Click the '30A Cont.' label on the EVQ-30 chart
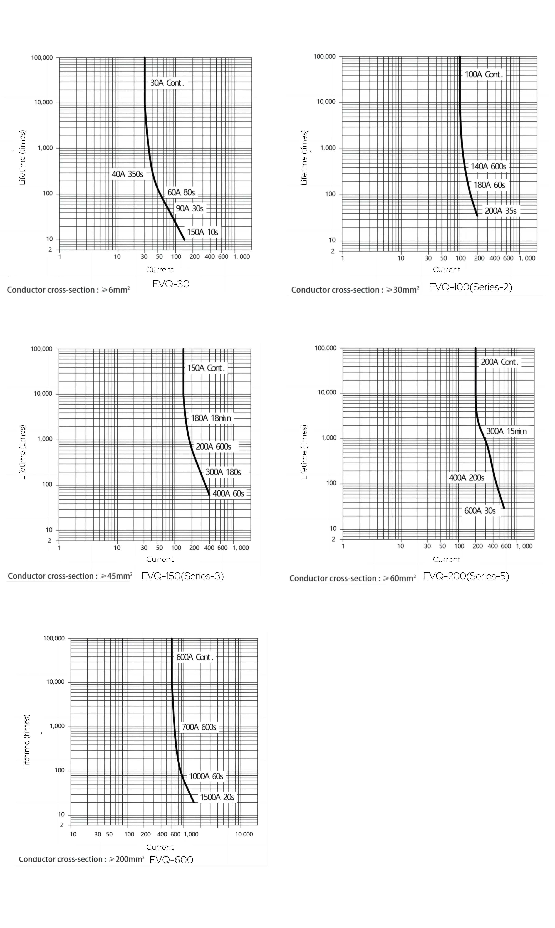167,83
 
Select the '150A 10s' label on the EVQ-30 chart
202,232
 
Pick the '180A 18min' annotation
211,418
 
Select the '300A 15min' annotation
506,431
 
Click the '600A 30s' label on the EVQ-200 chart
480,511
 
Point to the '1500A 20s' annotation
217,797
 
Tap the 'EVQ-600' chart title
171,860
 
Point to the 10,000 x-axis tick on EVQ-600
244,834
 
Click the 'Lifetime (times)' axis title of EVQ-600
27,742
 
